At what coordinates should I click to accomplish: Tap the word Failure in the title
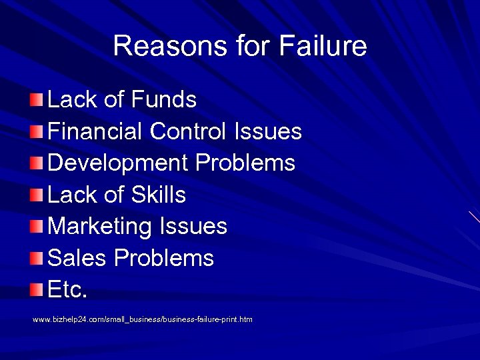point(323,46)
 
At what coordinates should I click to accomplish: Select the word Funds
point(164,100)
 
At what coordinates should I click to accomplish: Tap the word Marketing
point(100,227)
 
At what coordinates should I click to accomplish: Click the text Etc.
point(68,290)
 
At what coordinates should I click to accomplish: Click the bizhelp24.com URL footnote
point(143,320)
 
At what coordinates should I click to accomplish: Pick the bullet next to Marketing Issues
point(37,227)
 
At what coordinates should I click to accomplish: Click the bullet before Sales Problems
point(37,259)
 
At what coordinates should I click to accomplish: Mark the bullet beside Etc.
point(37,291)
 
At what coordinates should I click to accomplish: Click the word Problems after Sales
point(164,258)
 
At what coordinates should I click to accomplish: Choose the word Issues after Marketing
point(193,227)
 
